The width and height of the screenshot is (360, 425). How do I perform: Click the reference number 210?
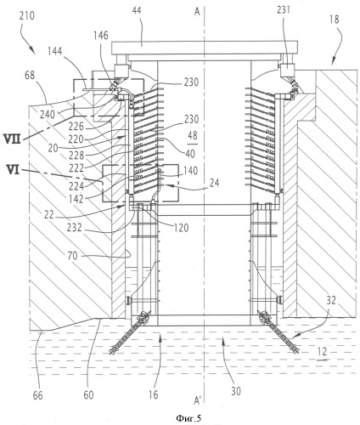point(27,15)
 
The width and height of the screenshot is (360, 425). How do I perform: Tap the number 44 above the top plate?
point(137,11)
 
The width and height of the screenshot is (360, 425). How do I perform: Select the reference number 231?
point(284,10)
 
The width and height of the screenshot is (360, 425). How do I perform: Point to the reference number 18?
point(335,20)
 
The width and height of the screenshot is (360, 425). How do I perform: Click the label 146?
point(101,36)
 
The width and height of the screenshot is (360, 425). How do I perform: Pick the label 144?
point(55,52)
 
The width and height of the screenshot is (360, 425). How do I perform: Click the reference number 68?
point(29,75)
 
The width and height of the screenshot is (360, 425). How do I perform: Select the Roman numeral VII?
point(13,139)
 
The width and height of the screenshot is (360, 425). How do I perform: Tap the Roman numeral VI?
point(12,171)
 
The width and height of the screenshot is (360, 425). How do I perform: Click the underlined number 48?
point(193,136)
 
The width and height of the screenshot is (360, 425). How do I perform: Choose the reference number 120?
point(181,228)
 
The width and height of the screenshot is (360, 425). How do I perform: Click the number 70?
point(72,256)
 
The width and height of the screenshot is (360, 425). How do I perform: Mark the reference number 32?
point(331,301)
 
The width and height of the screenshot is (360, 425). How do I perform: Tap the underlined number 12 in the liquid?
point(322,353)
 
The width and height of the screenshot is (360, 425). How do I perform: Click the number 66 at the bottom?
point(37,395)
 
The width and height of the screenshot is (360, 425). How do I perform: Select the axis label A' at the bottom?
point(198,400)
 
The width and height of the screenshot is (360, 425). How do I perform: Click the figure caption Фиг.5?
point(188,418)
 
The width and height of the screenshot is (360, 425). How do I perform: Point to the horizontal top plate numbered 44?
point(205,48)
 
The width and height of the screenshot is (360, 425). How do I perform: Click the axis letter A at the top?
point(197,11)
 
